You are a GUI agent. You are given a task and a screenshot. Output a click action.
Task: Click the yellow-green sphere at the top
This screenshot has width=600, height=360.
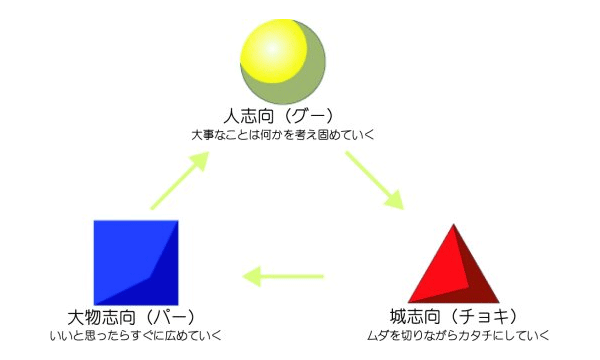coord(283,58)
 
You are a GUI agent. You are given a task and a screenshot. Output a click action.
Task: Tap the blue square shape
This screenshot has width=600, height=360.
coord(136,262)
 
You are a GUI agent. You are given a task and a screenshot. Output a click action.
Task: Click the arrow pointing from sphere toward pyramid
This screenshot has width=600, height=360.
coord(375,181)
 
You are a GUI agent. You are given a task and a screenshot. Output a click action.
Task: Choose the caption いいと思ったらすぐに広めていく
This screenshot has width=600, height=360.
coord(135,335)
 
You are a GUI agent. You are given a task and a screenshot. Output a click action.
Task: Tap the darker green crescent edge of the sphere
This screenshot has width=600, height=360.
coord(311,70)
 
